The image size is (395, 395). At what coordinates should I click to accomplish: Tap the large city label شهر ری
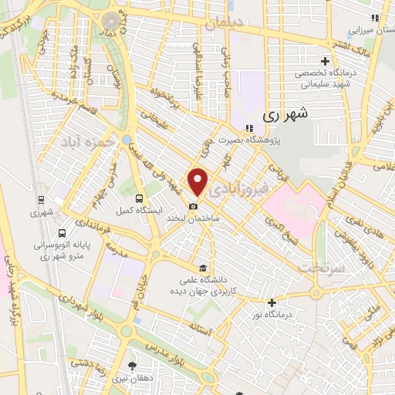(x=285, y=113)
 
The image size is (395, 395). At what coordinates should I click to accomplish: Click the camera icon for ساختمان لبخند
(x=194, y=206)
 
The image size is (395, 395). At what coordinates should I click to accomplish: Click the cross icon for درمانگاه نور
(x=271, y=302)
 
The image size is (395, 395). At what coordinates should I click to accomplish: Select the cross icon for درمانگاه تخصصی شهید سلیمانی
(x=325, y=61)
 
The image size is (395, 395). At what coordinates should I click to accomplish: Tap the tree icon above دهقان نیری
(x=133, y=366)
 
